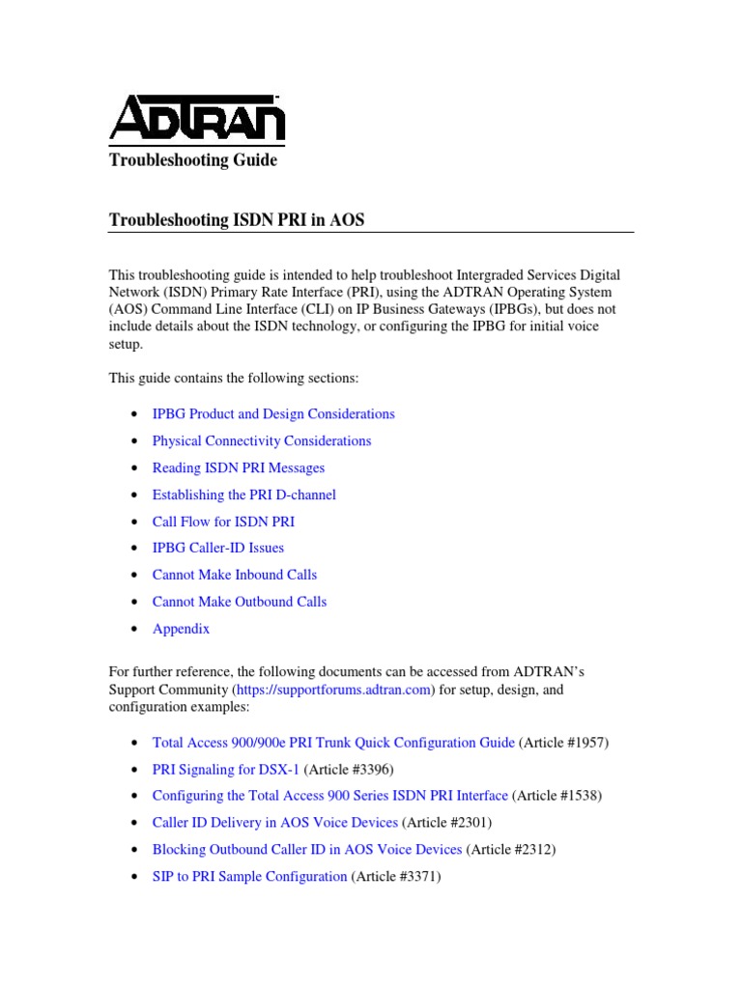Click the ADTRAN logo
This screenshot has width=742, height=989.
[x=196, y=121]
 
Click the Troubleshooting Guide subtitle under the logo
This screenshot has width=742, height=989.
[x=192, y=160]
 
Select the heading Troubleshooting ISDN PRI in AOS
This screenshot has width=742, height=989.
[x=237, y=221]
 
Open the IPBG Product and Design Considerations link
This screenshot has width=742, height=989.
[x=273, y=413]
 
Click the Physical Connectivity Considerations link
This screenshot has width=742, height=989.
[x=261, y=440]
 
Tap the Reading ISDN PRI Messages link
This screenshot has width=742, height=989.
[x=238, y=467]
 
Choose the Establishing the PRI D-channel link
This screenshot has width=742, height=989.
[x=243, y=494]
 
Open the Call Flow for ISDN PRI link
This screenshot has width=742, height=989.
[x=223, y=522]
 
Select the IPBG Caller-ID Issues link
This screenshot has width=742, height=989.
[x=217, y=548]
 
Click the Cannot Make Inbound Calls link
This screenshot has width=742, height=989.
[x=234, y=575]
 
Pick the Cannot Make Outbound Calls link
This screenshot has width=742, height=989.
[x=239, y=602]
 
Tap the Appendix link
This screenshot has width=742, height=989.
[x=181, y=629]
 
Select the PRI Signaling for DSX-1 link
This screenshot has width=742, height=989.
[x=226, y=769]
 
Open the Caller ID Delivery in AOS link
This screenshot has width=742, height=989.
[x=274, y=823]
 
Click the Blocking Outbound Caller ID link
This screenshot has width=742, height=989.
[x=306, y=850]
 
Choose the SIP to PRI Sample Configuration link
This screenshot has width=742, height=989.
[x=249, y=876]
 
